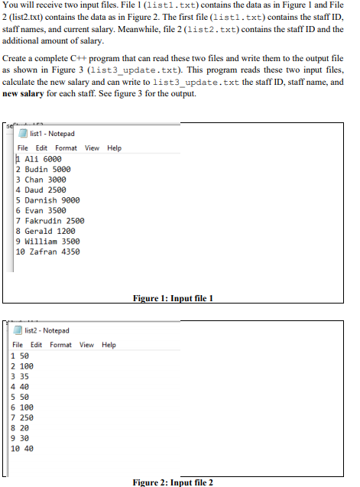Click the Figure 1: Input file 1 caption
tap(173, 297)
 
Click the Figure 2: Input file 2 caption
tap(173, 482)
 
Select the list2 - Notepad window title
tap(47, 331)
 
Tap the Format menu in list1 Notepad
tap(66, 148)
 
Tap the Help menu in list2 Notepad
tap(109, 345)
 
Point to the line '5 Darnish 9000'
tap(47, 200)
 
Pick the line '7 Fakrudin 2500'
tap(50, 221)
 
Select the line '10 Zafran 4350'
tap(47, 252)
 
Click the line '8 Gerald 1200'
tap(45, 231)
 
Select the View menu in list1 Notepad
tap(92, 148)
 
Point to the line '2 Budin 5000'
tap(43, 169)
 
